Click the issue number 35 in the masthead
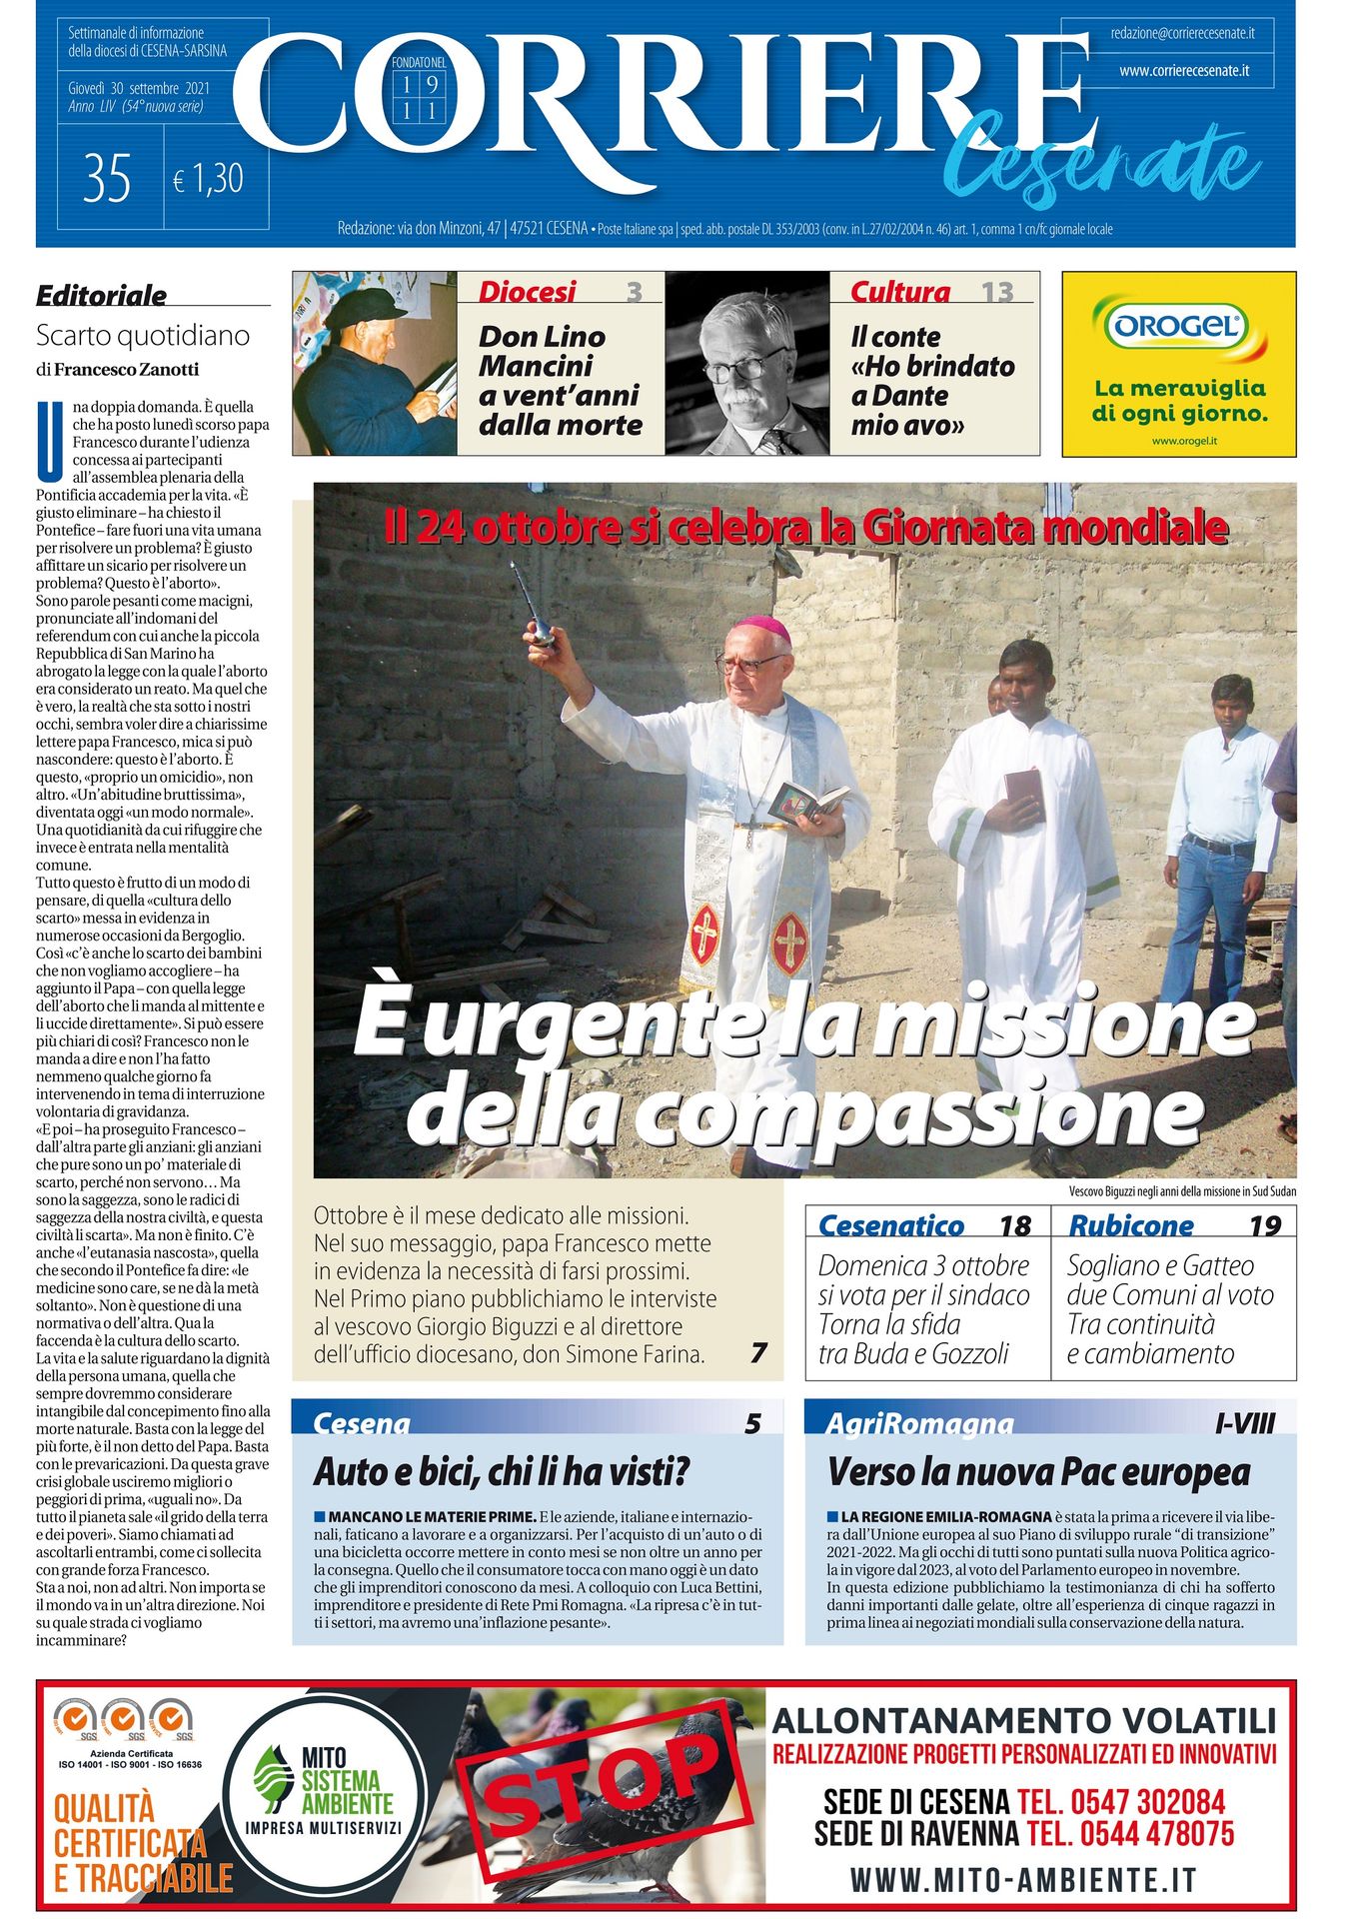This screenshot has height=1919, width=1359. tap(108, 179)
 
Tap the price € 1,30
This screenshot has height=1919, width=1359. tap(208, 179)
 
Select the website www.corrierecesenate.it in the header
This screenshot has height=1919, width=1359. tap(1183, 71)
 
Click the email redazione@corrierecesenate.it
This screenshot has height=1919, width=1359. tap(1182, 33)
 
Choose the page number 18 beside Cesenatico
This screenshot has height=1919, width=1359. tap(1014, 1225)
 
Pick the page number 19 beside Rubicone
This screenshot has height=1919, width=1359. tap(1264, 1225)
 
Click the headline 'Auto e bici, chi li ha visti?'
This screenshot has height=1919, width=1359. tap(502, 1472)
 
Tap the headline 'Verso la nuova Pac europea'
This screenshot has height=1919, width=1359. tap(1038, 1472)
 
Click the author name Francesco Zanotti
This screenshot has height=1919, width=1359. tap(126, 370)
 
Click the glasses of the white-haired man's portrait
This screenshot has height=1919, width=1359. tap(744, 367)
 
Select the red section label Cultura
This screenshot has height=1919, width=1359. tap(899, 292)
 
